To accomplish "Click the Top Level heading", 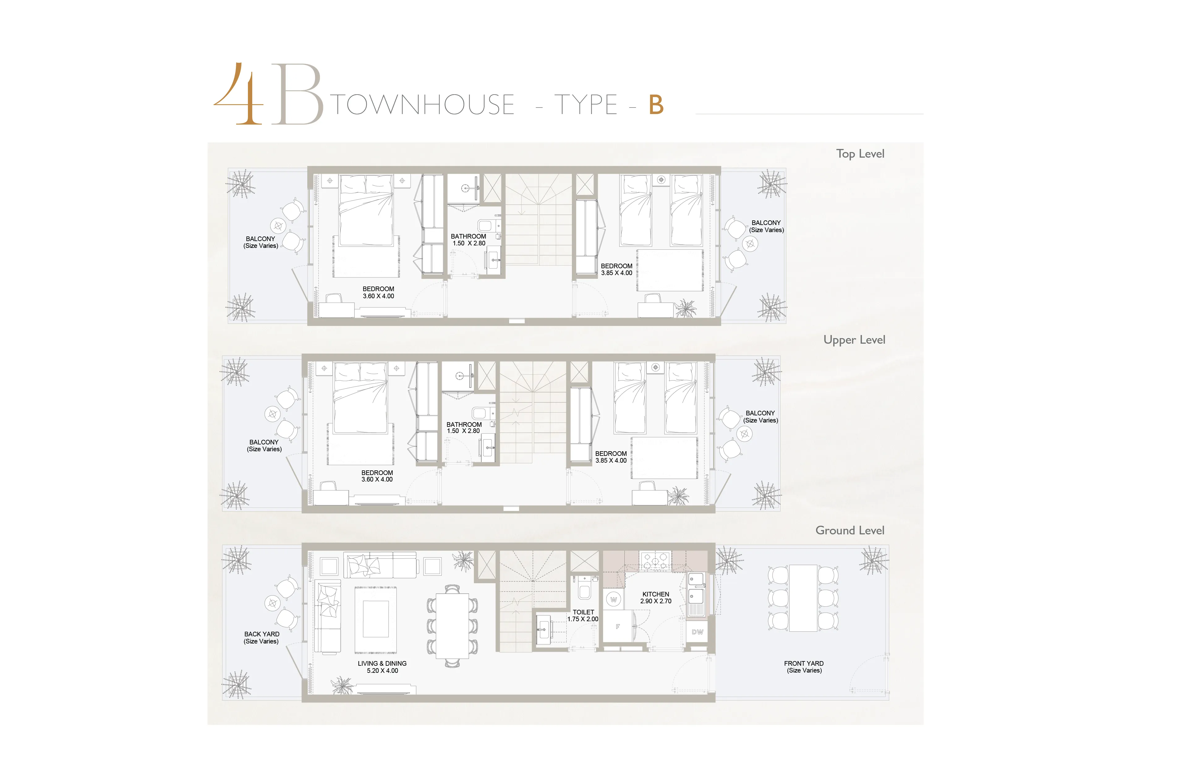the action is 860,154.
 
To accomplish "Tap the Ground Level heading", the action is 850,530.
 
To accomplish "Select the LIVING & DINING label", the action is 382,667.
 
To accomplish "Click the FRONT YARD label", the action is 804,667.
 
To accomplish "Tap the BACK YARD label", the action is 262,638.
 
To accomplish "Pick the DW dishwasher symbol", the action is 697,632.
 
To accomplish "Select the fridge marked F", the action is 618,626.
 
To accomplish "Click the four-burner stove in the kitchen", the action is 656,561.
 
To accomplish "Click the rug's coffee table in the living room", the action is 376,619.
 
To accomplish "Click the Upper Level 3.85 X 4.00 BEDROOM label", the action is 611,457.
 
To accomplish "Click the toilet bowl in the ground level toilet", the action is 584,591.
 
